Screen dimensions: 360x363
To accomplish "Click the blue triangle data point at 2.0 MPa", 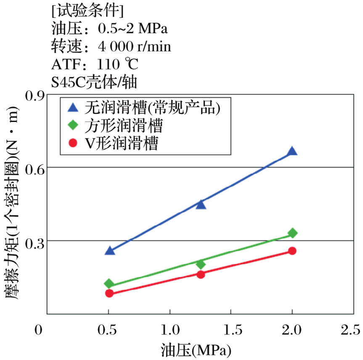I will [x=292, y=151].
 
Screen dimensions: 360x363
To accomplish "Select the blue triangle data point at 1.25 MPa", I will [x=201, y=204].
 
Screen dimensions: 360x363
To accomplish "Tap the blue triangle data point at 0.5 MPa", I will [x=110, y=251].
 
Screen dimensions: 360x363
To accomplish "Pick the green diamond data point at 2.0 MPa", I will [x=292, y=233].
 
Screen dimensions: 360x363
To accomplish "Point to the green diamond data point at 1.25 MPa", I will [x=201, y=264].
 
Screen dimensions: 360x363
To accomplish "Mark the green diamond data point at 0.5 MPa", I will [x=110, y=283].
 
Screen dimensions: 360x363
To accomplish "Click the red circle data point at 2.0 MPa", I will [x=292, y=251].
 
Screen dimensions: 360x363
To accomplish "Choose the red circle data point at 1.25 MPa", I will [x=201, y=274].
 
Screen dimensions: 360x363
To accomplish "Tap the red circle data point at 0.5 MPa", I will [x=110, y=293].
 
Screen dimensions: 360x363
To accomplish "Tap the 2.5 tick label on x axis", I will [x=352, y=329].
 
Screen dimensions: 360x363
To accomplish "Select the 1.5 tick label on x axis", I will [x=231, y=329].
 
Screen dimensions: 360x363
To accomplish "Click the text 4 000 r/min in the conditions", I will [x=135, y=46].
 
